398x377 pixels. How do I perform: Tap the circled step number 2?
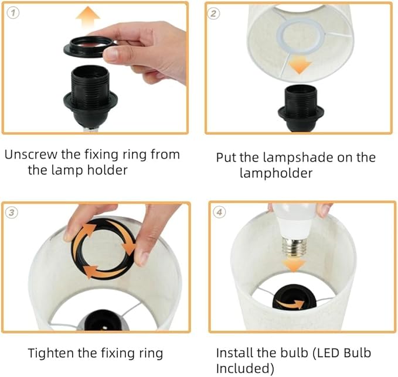(x=213, y=13)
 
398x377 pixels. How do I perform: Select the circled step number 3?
(x=12, y=212)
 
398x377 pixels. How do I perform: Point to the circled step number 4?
(x=219, y=212)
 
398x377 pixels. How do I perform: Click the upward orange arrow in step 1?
(x=88, y=17)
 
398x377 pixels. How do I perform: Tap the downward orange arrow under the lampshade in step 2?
(x=300, y=64)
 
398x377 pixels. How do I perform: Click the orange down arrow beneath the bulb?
(x=294, y=265)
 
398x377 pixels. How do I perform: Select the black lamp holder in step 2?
(x=301, y=108)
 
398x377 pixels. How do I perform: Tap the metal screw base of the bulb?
(x=294, y=247)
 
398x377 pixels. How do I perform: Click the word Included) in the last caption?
(x=245, y=369)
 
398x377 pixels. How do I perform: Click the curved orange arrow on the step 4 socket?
(x=290, y=303)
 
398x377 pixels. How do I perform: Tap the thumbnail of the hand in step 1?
(x=111, y=53)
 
